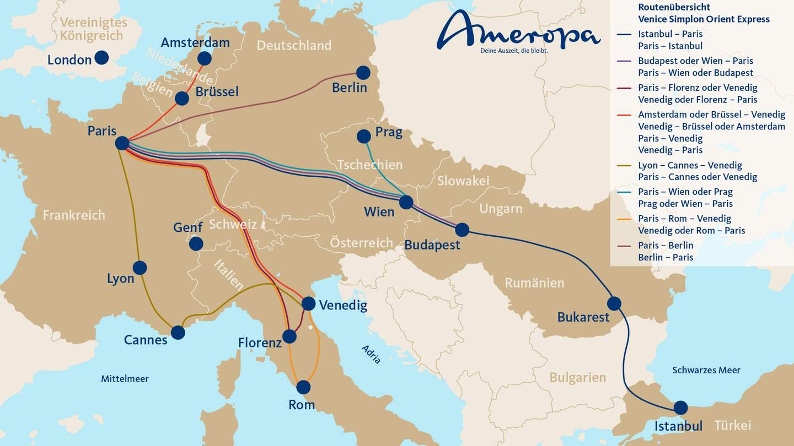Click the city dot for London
tap(101, 57)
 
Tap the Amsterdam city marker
tap(204, 58)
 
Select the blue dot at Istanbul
tap(680, 407)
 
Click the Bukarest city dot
tap(614, 303)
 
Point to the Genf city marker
tap(196, 243)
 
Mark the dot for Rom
tap(303, 387)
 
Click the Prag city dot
tap(363, 136)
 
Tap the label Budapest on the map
tap(432, 245)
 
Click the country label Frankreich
tap(74, 215)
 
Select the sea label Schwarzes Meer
tap(706, 370)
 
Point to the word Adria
tap(371, 354)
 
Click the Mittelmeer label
tap(125, 379)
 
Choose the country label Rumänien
tap(534, 283)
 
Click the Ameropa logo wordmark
tap(518, 31)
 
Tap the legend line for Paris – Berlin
tap(624, 245)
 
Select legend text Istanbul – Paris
tap(670, 34)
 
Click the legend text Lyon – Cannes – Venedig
tap(690, 165)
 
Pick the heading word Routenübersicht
tap(674, 7)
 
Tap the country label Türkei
tap(732, 425)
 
